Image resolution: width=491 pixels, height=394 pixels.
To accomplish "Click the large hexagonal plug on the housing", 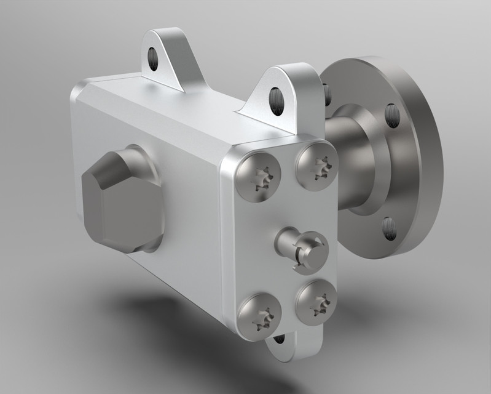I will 123,200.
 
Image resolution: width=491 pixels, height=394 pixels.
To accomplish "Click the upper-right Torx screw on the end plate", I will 316,165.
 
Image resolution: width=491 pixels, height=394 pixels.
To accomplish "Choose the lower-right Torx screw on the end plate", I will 316,301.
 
